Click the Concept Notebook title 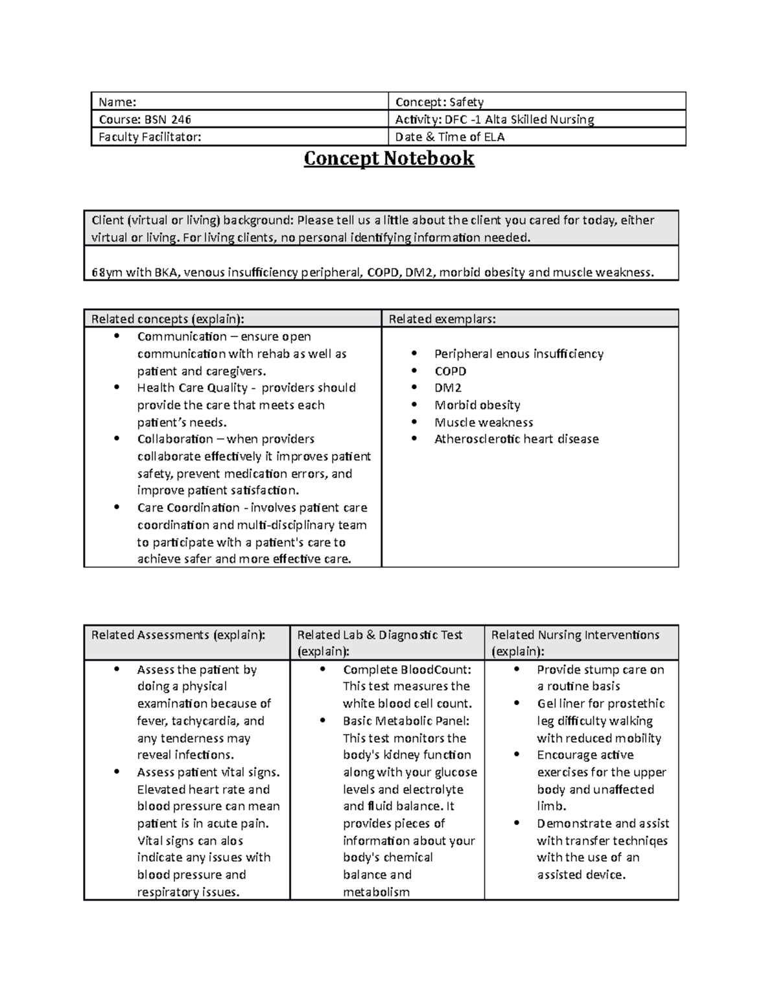point(389,159)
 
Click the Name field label point(117,102)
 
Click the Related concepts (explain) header point(168,319)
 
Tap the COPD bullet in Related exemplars point(450,371)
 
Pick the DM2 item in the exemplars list point(448,388)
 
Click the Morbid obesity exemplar point(477,405)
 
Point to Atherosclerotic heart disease point(516,439)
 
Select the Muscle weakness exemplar point(484,422)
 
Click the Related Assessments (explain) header point(178,635)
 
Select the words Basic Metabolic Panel point(406,721)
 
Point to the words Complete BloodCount point(407,670)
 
